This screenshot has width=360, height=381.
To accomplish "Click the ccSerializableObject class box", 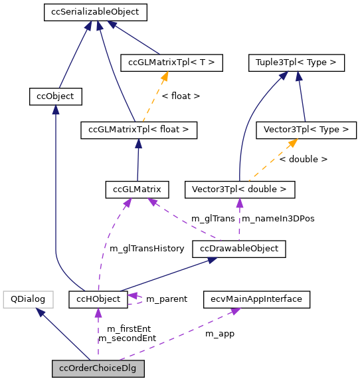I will (94, 11).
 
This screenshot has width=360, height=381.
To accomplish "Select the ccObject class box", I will (56, 96).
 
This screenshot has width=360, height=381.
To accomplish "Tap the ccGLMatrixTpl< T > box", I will (171, 63).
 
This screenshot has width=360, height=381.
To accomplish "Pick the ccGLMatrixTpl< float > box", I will (138, 130).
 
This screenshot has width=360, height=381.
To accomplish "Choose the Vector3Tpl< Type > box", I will (306, 130).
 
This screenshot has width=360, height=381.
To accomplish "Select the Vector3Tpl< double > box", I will (238, 190).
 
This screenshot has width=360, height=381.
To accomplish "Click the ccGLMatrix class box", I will (137, 190).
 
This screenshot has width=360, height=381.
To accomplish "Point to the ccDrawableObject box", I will (239, 249).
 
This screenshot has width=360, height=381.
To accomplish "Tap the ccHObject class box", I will (98, 299).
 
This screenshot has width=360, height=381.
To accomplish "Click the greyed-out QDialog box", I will (27, 299).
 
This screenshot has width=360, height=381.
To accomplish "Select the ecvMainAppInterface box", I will (256, 299).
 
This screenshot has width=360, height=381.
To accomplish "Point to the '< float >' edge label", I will (181, 96).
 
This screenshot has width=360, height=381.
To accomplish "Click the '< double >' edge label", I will (303, 160).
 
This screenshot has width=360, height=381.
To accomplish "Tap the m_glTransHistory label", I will (146, 248).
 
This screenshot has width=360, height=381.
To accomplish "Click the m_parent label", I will (166, 299).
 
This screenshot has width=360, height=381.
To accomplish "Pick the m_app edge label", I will (219, 333).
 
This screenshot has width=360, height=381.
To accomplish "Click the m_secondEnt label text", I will (127, 338).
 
